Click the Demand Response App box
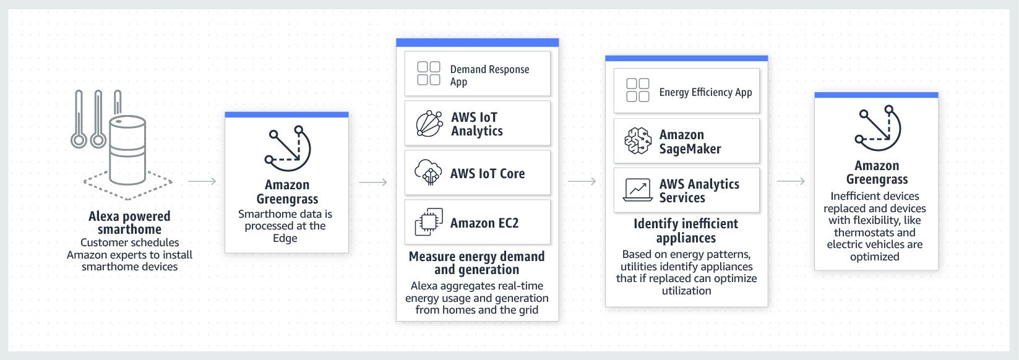[x=477, y=74]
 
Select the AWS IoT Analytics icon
[x=429, y=124]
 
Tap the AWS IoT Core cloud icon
[x=428, y=173]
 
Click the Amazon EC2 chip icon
[x=428, y=223]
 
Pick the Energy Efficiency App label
[x=705, y=92]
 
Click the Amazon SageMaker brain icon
[x=638, y=141]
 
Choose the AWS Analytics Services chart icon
[x=638, y=190]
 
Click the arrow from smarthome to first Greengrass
[x=202, y=181]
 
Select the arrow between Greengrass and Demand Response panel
[x=372, y=182]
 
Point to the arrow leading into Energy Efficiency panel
[x=582, y=181]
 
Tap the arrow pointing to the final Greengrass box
[x=791, y=181]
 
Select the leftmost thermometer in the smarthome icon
[x=79, y=120]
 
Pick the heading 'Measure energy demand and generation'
[x=476, y=263]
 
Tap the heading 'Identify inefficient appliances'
[x=686, y=231]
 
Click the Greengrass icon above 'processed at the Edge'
[x=287, y=148]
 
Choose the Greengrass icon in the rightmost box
[x=877, y=128]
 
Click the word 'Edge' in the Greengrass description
[x=285, y=238]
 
